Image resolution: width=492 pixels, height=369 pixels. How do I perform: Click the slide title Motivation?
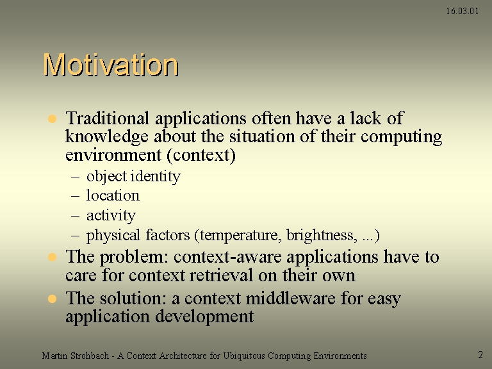(x=111, y=65)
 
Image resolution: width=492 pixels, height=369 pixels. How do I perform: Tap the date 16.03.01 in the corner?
(x=462, y=12)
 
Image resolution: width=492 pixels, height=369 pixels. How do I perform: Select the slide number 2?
(x=480, y=355)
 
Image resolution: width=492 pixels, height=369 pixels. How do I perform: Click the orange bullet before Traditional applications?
(x=52, y=119)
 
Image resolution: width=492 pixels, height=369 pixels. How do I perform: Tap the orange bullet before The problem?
(x=52, y=258)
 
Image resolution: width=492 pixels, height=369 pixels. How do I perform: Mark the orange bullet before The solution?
(x=52, y=299)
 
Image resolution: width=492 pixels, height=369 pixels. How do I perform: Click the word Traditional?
(x=108, y=119)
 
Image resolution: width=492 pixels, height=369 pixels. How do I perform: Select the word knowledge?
(x=107, y=137)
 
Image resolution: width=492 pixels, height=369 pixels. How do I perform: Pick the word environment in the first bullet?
(x=113, y=155)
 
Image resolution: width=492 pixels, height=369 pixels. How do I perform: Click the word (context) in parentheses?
(x=201, y=155)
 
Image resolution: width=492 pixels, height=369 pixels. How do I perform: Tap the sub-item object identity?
(x=133, y=176)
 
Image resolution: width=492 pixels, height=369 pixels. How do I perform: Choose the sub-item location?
(x=113, y=195)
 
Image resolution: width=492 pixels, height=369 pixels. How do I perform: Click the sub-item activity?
(x=111, y=216)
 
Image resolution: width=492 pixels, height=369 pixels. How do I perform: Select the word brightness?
(x=322, y=235)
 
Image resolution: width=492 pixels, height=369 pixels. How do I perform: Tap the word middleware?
(x=291, y=298)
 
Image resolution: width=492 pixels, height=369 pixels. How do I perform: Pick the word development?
(x=204, y=317)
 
